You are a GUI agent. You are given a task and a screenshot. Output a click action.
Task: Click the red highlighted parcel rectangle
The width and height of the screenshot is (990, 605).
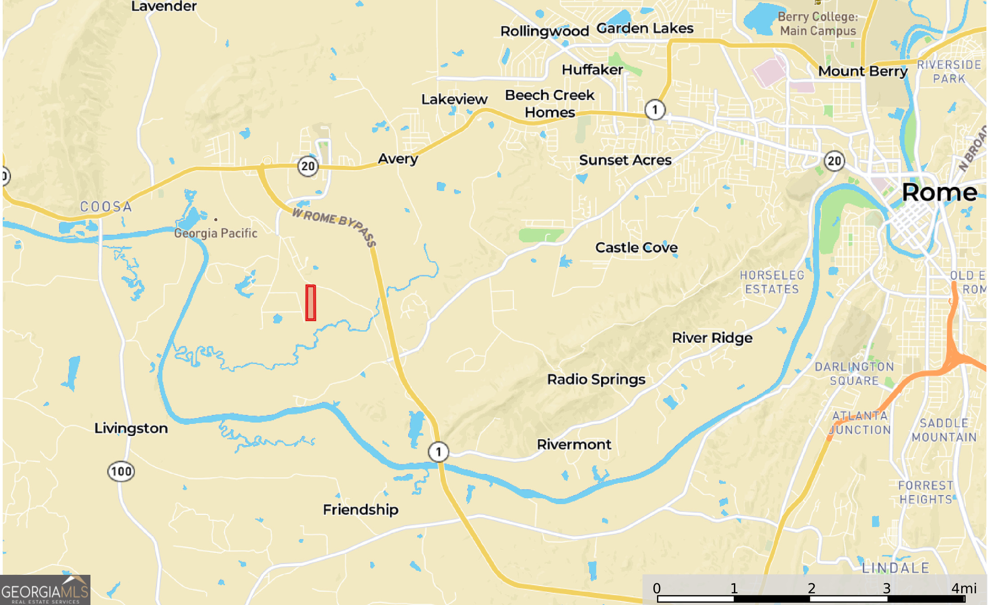click(x=310, y=303)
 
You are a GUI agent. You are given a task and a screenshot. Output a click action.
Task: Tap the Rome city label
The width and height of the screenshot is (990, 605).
click(x=939, y=193)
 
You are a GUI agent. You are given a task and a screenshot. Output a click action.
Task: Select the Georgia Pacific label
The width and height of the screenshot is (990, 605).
click(x=216, y=233)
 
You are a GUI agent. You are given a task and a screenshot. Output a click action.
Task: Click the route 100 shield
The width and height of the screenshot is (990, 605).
click(x=121, y=472)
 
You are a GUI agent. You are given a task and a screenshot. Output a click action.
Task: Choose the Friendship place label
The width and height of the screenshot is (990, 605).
click(x=360, y=509)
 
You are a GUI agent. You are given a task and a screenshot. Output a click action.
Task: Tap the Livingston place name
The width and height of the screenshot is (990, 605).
click(x=131, y=428)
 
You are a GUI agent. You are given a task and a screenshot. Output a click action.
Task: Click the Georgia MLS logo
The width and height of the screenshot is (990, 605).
click(x=45, y=590)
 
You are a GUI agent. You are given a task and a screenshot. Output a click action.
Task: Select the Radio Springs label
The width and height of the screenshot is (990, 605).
click(x=596, y=379)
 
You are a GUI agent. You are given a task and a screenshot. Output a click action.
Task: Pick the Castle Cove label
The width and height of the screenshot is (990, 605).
click(x=636, y=247)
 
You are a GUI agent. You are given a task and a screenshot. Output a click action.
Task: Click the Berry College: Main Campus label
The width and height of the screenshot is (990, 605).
click(x=818, y=24)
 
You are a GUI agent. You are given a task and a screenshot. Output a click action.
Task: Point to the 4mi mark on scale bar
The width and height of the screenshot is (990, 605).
click(x=964, y=588)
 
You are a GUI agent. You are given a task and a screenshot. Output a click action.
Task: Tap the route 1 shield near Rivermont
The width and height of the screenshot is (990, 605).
click(x=438, y=452)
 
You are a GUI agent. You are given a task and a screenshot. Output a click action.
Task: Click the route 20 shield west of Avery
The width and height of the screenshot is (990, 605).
click(x=308, y=166)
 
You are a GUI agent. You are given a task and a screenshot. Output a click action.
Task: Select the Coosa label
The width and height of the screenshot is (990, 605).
click(x=106, y=207)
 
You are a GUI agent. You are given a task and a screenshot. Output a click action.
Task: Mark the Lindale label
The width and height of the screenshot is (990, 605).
click(x=895, y=568)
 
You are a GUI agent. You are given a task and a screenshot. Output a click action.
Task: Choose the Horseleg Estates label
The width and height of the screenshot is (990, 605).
click(x=772, y=282)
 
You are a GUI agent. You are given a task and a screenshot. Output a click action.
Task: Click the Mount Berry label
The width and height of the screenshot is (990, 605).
click(x=863, y=71)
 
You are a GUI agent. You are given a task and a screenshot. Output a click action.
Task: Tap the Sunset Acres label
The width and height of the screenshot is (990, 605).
click(x=625, y=160)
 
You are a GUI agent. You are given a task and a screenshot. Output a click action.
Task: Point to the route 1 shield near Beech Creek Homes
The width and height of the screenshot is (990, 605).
click(x=655, y=109)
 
